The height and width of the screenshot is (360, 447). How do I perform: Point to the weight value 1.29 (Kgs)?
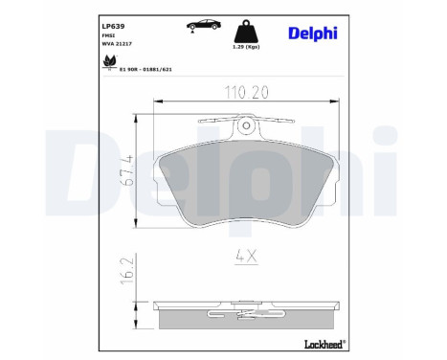[247, 47]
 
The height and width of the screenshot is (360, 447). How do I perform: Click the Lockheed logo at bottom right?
[321, 344]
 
